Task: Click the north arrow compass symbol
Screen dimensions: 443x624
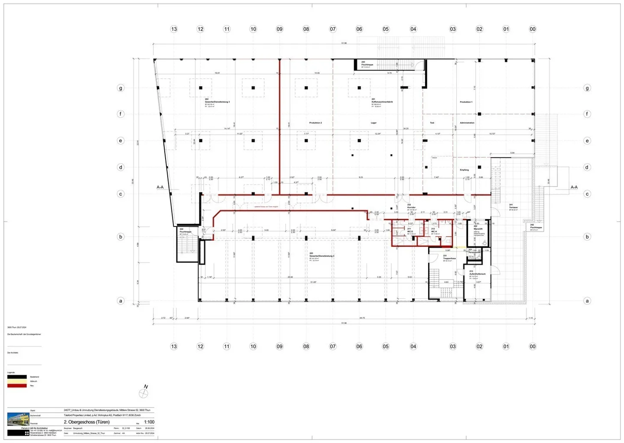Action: [x=144, y=393]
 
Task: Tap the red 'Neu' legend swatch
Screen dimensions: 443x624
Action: [x=17, y=385]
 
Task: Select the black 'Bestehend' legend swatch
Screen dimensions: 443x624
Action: [x=17, y=377]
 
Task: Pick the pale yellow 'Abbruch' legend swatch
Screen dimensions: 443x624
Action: [x=17, y=381]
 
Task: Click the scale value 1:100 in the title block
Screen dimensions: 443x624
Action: [x=149, y=422]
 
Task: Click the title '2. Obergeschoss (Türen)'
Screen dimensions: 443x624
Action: [x=87, y=422]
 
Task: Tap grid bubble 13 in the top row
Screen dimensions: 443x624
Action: [x=174, y=29]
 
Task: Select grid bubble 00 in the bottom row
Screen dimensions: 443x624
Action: [x=533, y=346]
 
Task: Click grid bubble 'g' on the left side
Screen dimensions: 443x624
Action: [x=120, y=88]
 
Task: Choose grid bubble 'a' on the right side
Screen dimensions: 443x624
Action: [x=587, y=301]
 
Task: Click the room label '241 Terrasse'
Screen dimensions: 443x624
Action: [x=513, y=206]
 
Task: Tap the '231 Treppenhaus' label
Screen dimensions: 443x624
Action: [x=449, y=257]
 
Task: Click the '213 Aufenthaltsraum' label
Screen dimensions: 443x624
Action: [x=477, y=273]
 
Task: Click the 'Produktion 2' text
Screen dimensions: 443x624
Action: [x=315, y=123]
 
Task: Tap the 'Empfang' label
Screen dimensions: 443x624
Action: [x=464, y=170]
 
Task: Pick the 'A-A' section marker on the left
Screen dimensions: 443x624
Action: [x=160, y=187]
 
